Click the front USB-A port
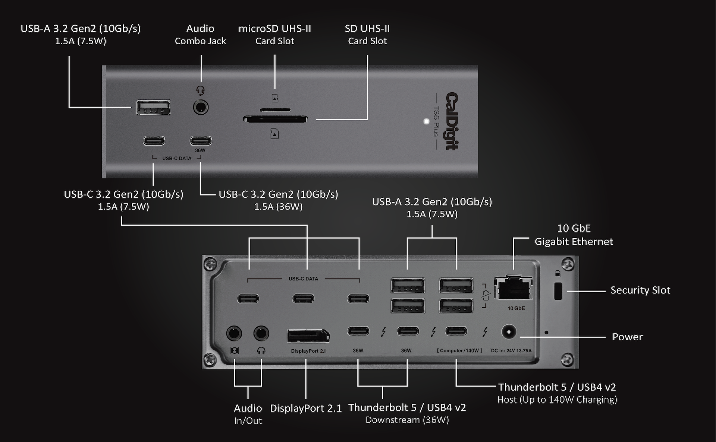click(x=153, y=108)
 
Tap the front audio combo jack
click(x=201, y=108)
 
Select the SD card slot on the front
click(x=275, y=120)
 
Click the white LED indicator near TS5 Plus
click(x=427, y=121)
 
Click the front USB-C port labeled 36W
click(x=201, y=141)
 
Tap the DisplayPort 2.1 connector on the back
click(x=308, y=336)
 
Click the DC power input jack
click(x=509, y=332)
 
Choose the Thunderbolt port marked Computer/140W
click(x=456, y=331)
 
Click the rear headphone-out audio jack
click(x=261, y=333)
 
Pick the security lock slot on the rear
click(x=558, y=291)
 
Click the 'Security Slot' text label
click(x=640, y=290)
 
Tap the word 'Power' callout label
click(x=627, y=337)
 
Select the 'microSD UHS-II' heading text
click(x=274, y=29)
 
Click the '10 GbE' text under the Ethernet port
click(x=516, y=308)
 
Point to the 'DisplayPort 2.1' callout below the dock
click(x=305, y=408)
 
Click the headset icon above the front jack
click(x=201, y=90)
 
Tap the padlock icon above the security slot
click(x=558, y=274)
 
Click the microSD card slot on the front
click(x=275, y=110)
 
